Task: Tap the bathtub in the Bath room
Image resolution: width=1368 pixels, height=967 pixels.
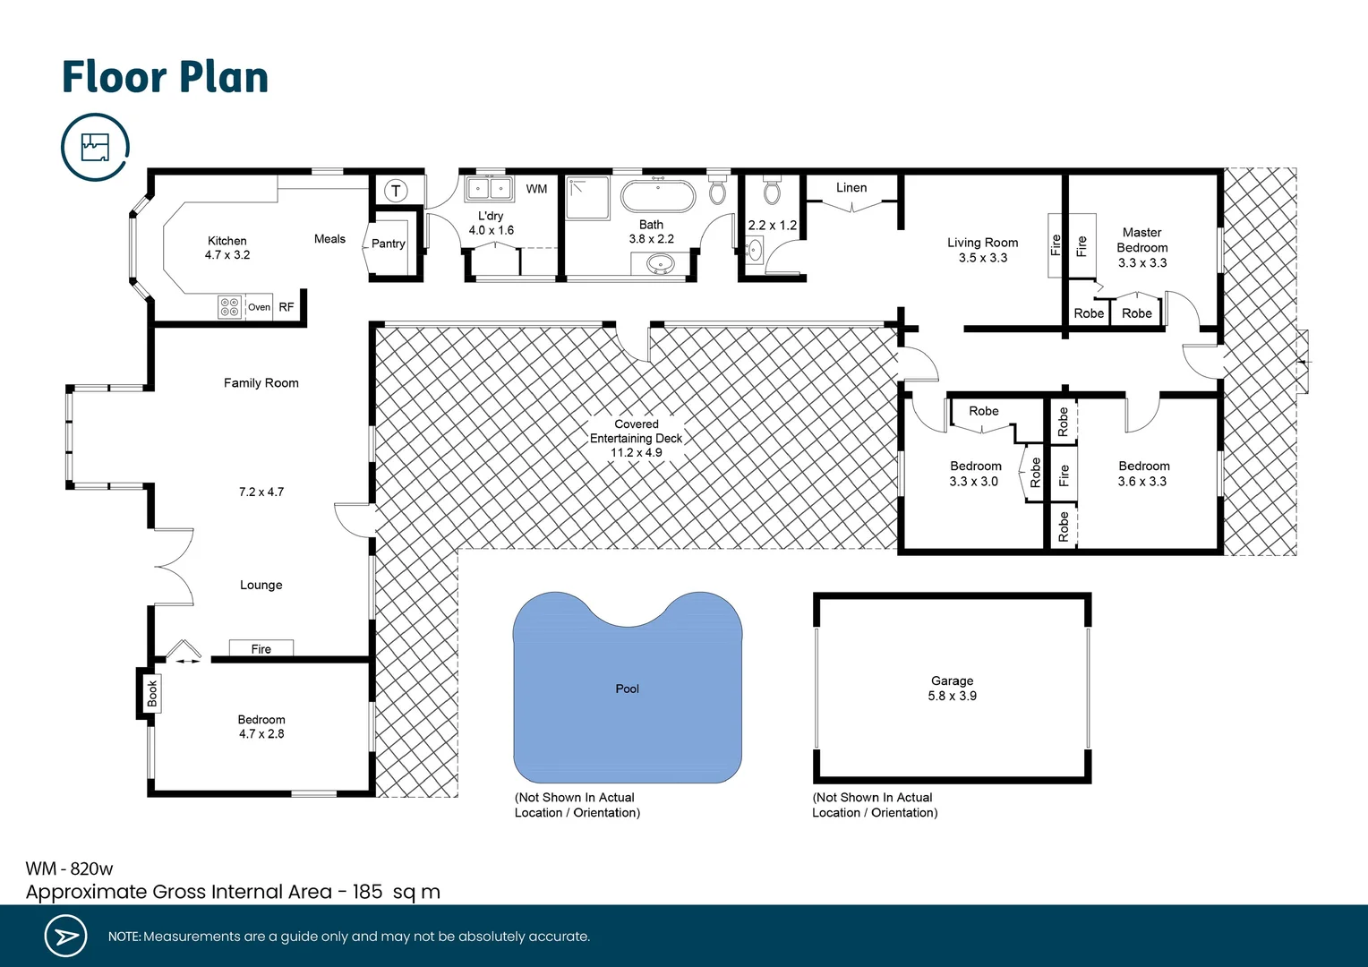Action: tap(658, 195)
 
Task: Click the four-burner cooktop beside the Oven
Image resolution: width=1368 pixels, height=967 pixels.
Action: tap(229, 307)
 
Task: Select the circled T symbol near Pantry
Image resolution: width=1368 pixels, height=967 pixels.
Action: tap(396, 191)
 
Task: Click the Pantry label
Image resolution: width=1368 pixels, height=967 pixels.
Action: tap(388, 244)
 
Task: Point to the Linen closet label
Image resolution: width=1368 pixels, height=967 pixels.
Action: tap(851, 188)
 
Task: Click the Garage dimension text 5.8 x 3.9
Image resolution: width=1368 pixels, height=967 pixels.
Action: tap(952, 696)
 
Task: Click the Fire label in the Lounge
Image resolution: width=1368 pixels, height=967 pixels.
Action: tap(261, 649)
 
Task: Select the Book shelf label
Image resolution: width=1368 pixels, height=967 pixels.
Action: tap(152, 693)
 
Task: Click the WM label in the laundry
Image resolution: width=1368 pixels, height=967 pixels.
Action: tap(536, 189)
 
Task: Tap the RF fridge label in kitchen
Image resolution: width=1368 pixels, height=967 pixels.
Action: tap(286, 307)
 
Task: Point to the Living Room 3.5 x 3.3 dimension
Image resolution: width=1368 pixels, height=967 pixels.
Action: tap(982, 258)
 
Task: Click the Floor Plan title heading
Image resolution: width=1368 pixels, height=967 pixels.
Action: tap(165, 77)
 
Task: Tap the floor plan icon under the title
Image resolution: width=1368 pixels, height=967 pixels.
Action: tap(95, 147)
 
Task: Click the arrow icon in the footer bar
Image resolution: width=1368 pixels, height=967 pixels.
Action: tap(65, 937)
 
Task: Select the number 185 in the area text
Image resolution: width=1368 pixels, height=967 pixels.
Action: tap(367, 892)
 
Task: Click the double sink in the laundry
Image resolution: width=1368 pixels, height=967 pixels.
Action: tap(489, 189)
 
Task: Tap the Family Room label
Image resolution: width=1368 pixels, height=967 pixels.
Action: tap(261, 383)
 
